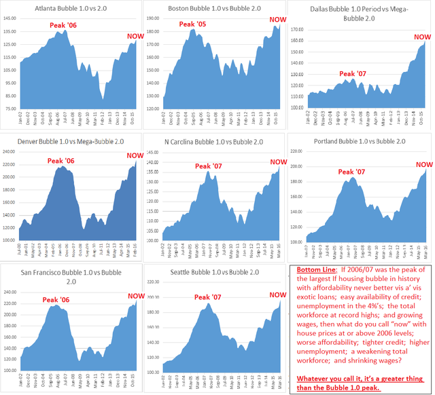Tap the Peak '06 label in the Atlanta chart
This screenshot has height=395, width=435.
pyautogui.click(x=65, y=26)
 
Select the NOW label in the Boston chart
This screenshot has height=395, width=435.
pyautogui.click(x=279, y=21)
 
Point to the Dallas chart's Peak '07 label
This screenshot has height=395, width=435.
pyautogui.click(x=352, y=73)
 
